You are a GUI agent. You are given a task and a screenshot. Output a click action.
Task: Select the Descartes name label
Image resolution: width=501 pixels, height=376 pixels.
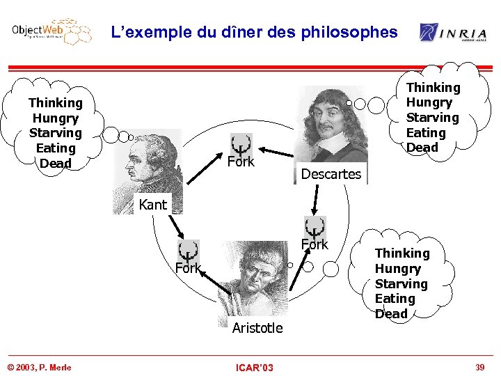tap(331, 174)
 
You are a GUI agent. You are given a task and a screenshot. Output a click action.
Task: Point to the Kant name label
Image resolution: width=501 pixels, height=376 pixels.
tap(153, 205)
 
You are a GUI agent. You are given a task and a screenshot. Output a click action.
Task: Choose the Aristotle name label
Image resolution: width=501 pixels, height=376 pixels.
tap(257, 328)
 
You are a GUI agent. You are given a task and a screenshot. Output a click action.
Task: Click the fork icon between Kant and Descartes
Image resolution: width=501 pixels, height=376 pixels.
tap(241, 144)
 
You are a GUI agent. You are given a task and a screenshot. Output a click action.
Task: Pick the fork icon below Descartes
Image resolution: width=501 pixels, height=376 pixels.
tap(315, 228)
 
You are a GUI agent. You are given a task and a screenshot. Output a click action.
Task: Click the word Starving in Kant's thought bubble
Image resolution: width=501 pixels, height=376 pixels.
tap(56, 133)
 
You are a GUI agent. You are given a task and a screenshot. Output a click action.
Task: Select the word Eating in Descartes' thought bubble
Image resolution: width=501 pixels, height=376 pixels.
tap(426, 132)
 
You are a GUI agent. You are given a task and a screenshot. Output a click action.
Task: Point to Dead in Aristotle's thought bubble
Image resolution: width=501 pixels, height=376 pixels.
tap(391, 314)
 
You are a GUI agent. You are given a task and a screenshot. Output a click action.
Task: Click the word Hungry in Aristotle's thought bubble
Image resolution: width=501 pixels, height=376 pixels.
tap(398, 269)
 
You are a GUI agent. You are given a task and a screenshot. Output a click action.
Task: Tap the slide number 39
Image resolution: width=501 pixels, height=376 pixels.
tap(479, 367)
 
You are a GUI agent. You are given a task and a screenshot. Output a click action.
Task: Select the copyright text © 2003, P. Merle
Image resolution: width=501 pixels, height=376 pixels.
tap(39, 367)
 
